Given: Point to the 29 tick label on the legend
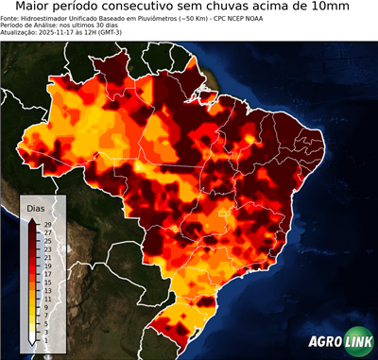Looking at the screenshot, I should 46,224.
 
